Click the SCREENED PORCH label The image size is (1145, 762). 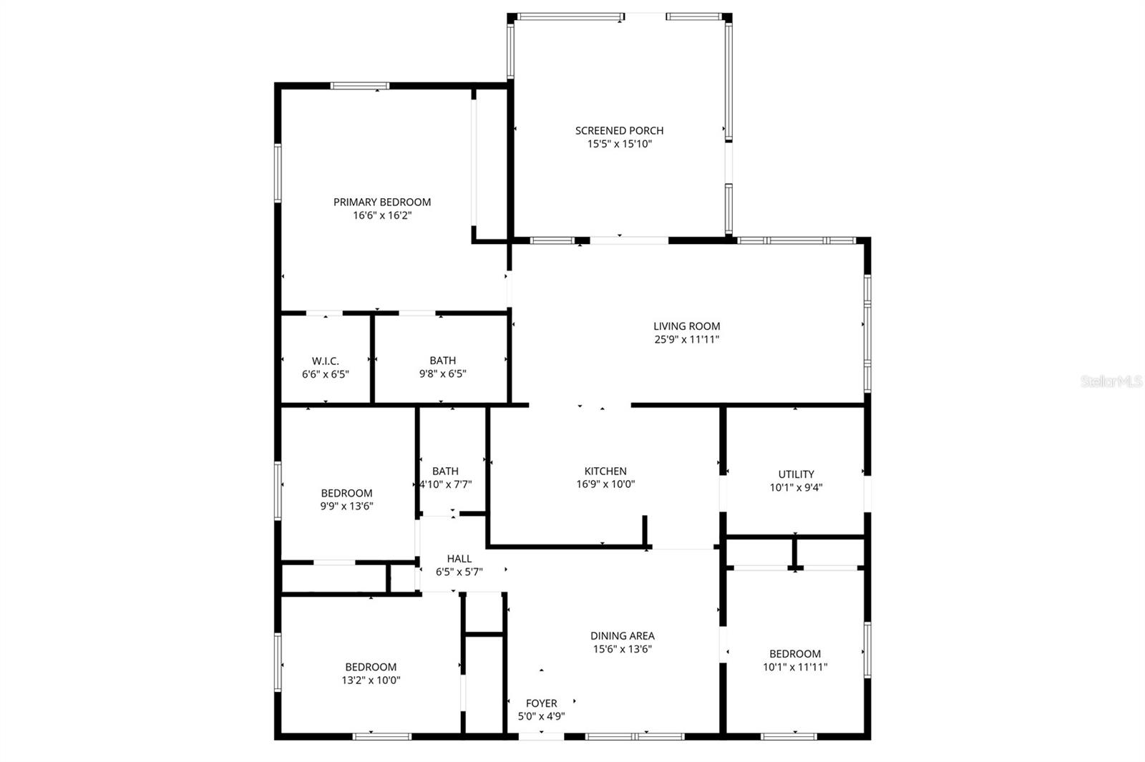tap(619, 130)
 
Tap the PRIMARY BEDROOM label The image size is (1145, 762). tap(382, 202)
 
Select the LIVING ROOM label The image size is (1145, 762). tap(686, 326)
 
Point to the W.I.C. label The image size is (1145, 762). tap(326, 361)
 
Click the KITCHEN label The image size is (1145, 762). tap(605, 471)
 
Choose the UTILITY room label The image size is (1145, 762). tap(796, 474)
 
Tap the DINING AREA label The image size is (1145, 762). tap(622, 635)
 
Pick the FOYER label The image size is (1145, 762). tap(541, 703)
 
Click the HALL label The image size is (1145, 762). tap(459, 559)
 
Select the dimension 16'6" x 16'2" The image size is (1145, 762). tap(382, 215)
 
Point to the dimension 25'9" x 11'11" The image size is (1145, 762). tap(686, 340)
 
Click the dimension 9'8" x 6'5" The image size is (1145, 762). tap(442, 373)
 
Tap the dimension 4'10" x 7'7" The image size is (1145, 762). tap(445, 484)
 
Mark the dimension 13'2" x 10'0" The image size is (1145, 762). tap(371, 680)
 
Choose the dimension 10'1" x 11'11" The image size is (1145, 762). tap(795, 667)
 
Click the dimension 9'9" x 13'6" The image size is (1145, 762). tap(346, 506)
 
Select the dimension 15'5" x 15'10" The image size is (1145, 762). tap(619, 144)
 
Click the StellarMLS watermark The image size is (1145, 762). tap(1111, 381)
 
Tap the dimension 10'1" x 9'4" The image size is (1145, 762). tap(796, 487)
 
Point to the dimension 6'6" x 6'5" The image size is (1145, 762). tap(326, 373)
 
